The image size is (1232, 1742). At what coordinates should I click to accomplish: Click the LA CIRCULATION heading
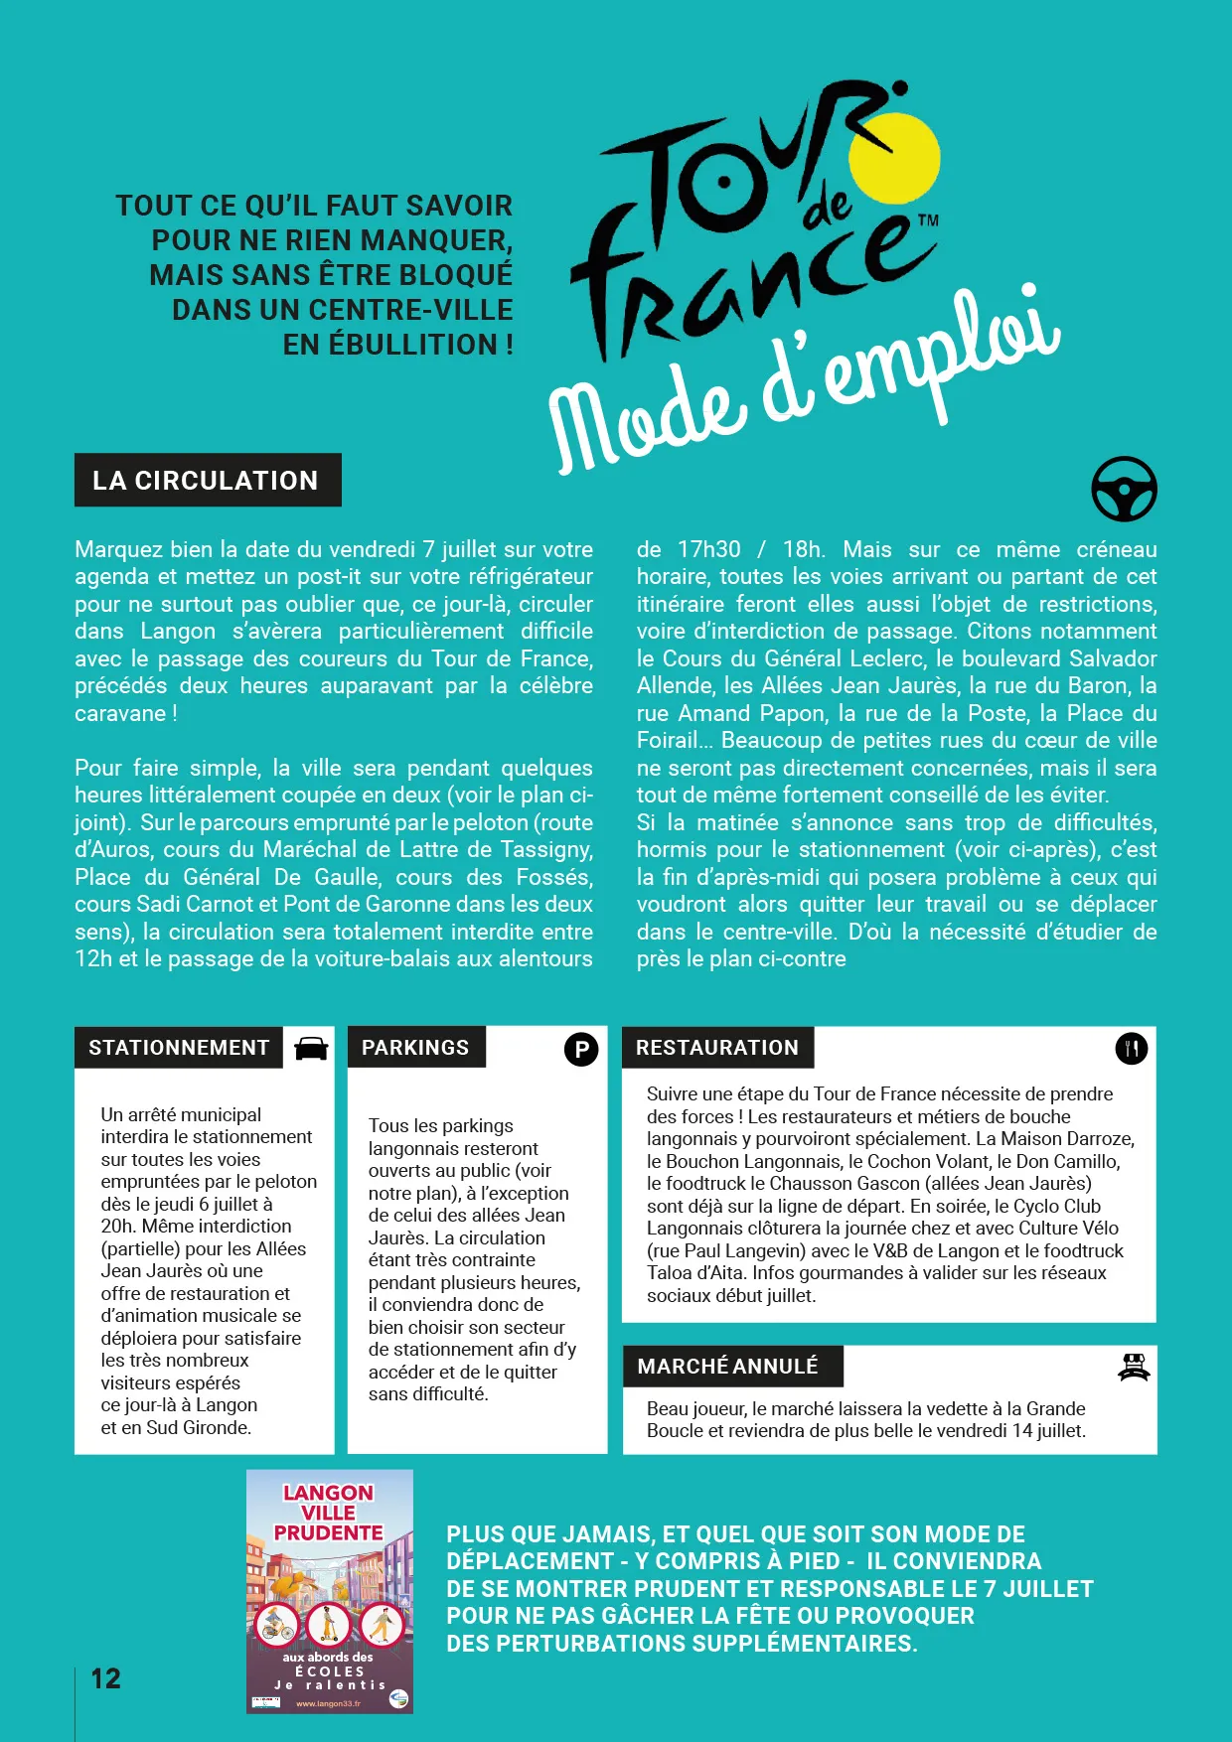coord(207,481)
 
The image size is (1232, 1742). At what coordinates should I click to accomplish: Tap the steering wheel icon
coord(1124,489)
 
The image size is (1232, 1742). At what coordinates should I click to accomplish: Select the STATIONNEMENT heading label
coord(179,1048)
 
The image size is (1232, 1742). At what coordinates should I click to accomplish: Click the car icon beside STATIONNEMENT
coord(311,1049)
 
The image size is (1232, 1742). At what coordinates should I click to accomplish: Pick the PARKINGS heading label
coord(415,1048)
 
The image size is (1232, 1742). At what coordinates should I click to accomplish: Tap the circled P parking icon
coord(581,1049)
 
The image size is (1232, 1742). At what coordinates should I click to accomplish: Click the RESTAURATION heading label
coord(716,1048)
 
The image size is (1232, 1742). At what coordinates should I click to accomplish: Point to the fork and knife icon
coord(1131,1049)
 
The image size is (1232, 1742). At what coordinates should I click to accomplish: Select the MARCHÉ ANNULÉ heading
coord(728,1367)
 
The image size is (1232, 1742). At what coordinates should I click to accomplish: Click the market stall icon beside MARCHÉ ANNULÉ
coord(1134,1368)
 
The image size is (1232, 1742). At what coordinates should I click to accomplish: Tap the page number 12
coord(106,1678)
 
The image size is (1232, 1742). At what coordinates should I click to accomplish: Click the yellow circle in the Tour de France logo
coord(894,158)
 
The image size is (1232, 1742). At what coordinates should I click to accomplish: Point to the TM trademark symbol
coord(927,220)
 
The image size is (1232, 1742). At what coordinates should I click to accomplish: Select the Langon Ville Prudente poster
coord(330,1591)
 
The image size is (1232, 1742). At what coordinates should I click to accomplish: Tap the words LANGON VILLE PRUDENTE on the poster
coord(329,1513)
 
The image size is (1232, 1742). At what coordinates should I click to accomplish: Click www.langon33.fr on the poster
coord(328,1703)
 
